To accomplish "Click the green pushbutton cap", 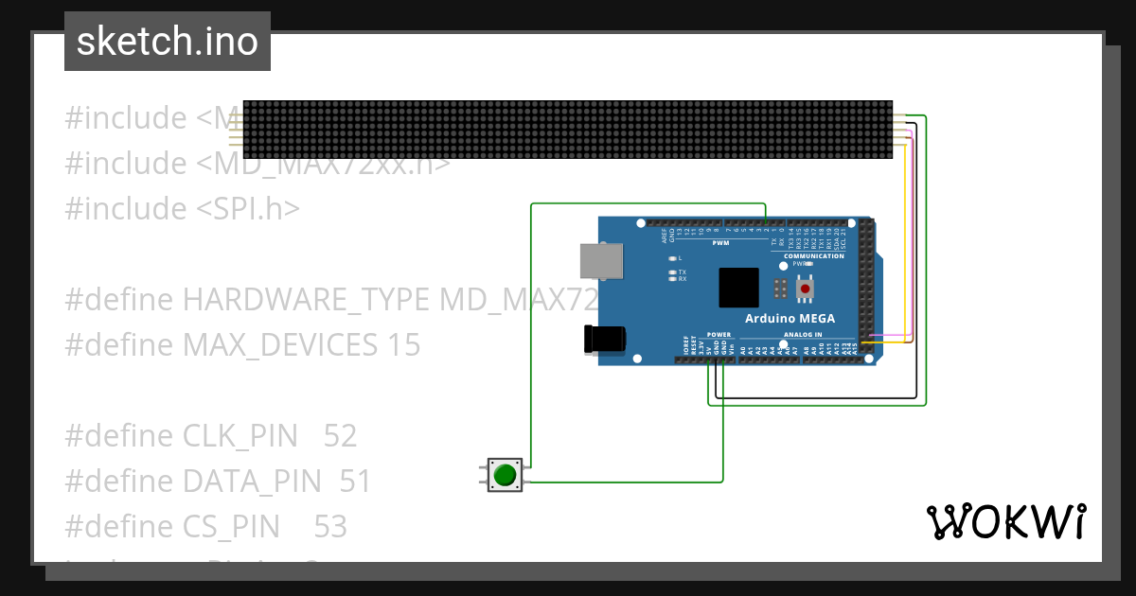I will click(x=505, y=474).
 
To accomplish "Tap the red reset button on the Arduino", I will click(x=806, y=288).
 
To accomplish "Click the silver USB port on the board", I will click(x=601, y=262).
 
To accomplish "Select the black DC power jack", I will click(x=605, y=340).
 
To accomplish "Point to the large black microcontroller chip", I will click(x=738, y=288).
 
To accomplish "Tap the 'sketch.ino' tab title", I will click(x=168, y=42).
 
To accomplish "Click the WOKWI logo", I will click(x=1006, y=521).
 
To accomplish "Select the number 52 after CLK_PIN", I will click(x=340, y=436).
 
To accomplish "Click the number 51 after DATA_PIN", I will click(x=355, y=482).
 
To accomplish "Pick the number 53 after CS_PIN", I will click(x=330, y=527).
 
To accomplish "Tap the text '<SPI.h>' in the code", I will click(x=248, y=209).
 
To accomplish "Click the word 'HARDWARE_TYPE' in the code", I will click(x=307, y=300).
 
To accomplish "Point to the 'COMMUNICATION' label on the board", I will click(x=814, y=256).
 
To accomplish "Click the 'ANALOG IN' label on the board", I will click(x=803, y=335).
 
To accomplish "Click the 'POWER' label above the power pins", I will click(x=719, y=335).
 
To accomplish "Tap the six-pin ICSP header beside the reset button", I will click(x=781, y=288).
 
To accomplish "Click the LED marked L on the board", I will click(x=672, y=257).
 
